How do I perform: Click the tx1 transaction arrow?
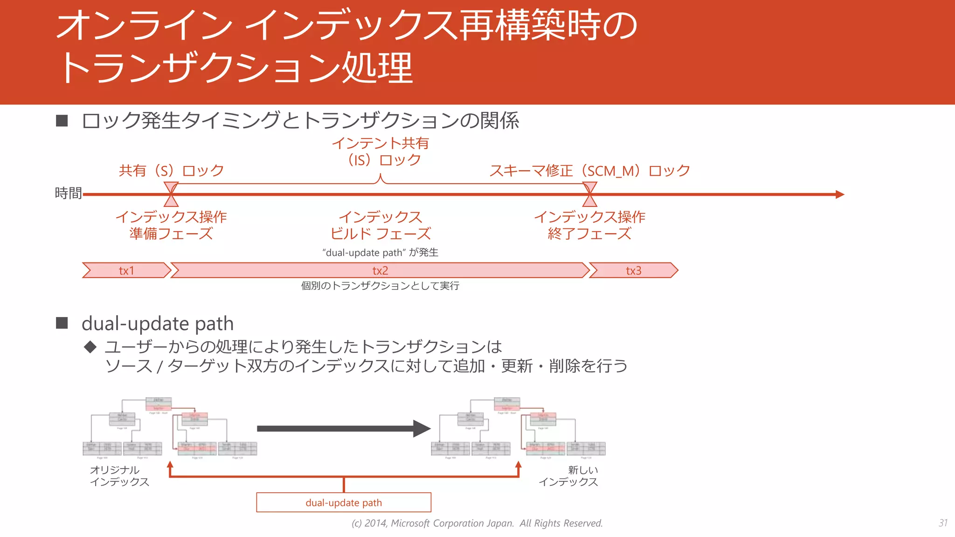point(126,270)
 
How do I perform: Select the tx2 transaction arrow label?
point(380,270)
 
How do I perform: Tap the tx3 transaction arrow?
point(633,270)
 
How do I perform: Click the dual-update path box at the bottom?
point(344,503)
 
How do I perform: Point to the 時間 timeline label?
point(68,193)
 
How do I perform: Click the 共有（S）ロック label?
point(171,171)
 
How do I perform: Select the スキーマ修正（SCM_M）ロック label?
point(589,171)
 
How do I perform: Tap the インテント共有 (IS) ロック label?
point(380,151)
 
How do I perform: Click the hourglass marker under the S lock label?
point(171,194)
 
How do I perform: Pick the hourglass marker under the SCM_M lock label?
point(590,194)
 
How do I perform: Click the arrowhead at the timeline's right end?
point(840,194)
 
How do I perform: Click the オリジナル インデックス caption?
point(119,476)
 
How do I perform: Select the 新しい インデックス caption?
point(568,476)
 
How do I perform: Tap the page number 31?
point(943,523)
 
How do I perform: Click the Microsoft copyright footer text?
point(477,523)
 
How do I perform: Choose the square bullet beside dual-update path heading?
point(62,323)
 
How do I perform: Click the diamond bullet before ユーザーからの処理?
point(90,347)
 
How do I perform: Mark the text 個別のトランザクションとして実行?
point(380,286)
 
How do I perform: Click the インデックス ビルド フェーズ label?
point(380,225)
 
